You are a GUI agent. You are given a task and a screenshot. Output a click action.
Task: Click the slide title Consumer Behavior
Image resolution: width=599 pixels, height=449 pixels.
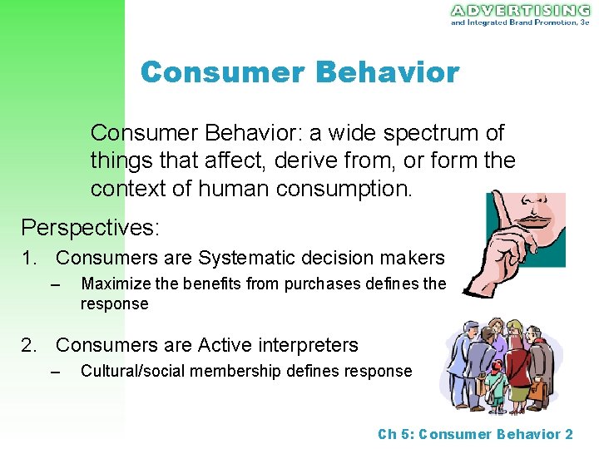tap(299, 72)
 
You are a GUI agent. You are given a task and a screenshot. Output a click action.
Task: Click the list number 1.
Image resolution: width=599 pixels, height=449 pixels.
tap(27, 259)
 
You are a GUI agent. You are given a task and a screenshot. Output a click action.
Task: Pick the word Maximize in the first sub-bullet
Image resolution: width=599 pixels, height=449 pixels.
tap(116, 284)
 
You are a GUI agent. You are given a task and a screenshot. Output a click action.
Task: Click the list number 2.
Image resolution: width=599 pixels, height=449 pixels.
tap(27, 345)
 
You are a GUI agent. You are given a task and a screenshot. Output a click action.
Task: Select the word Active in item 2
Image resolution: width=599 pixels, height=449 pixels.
tap(227, 345)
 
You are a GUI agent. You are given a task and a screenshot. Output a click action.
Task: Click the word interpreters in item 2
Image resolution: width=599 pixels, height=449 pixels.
tap(310, 345)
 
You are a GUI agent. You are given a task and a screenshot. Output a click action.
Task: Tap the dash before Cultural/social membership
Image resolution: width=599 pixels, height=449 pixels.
tap(56, 371)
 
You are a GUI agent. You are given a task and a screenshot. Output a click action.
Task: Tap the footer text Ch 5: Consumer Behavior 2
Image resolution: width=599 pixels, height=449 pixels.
tap(475, 434)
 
